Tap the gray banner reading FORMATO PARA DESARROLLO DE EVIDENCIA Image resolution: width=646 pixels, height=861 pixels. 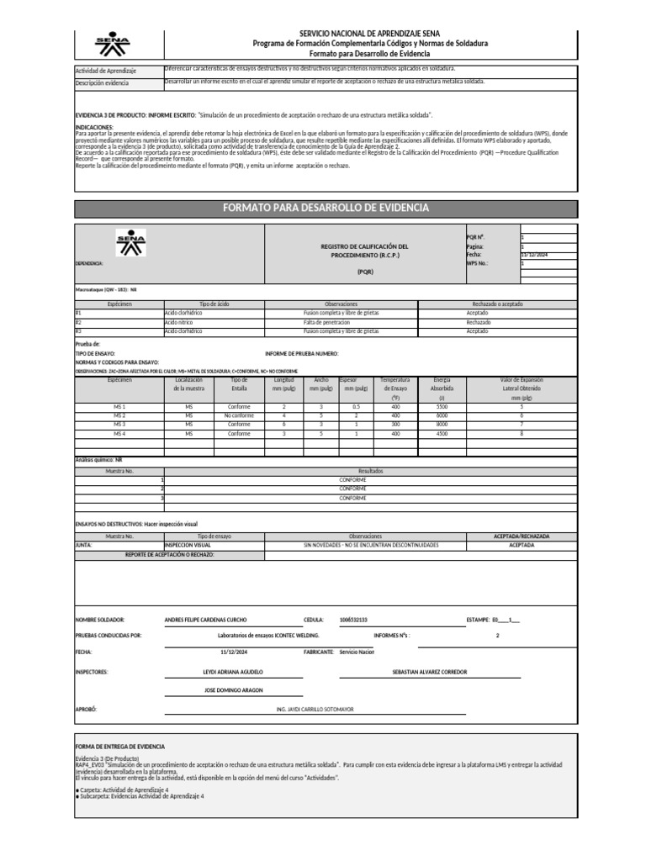(325, 208)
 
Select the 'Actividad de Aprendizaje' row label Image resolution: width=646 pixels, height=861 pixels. (106, 71)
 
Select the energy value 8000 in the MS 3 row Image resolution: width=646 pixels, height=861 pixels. (442, 425)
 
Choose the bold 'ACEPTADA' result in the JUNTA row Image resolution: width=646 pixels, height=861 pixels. (521, 545)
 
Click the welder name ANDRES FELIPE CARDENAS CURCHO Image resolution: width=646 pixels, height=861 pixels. (205, 620)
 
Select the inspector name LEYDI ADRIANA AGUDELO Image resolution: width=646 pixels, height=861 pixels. (233, 672)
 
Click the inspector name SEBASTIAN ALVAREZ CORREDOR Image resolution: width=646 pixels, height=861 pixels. (430, 672)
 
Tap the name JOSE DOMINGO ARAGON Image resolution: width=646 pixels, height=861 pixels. (233, 690)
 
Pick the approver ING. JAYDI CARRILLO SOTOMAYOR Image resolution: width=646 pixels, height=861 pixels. (315, 710)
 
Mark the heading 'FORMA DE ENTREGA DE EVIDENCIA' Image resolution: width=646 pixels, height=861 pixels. (120, 747)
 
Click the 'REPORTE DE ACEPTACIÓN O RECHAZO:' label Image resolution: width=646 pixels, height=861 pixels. (170, 555)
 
